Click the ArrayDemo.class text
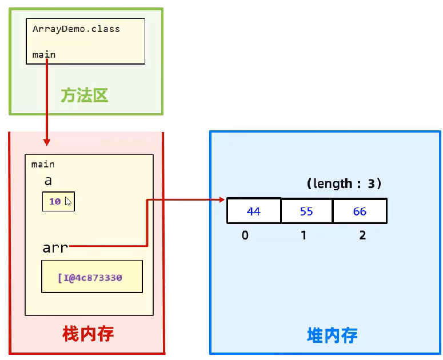76,29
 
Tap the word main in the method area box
44,55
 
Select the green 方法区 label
85,95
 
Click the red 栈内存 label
87,334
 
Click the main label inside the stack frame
43,165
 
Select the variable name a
48,181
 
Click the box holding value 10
58,202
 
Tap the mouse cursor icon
68,202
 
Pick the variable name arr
55,247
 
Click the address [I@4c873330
91,278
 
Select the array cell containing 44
254,211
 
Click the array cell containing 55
306,211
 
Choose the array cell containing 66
360,211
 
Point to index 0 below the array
245,235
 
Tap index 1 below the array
303,235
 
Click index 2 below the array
362,235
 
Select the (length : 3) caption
344,184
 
